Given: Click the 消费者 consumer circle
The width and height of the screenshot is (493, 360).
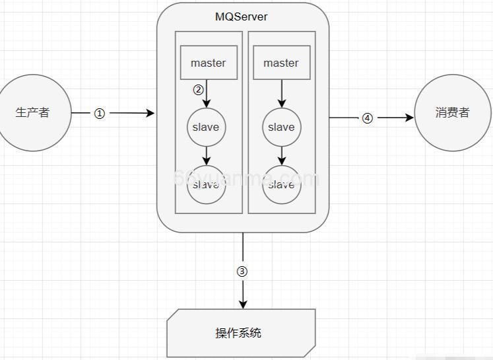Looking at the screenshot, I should coord(452,113).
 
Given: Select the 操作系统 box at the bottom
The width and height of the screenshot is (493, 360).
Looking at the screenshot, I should coord(241,333).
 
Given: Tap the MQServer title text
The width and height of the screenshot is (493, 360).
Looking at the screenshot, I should coord(242,17).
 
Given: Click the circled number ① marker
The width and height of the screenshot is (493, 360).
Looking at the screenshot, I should coord(100,114).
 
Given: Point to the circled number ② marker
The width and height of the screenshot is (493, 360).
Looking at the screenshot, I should coord(198,90).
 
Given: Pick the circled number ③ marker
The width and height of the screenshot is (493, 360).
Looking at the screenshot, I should coord(242,271).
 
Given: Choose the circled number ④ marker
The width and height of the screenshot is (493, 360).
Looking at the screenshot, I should coord(368,118).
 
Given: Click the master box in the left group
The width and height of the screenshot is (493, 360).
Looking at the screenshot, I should coord(209,63).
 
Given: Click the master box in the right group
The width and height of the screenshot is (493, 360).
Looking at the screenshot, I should coord(281,63).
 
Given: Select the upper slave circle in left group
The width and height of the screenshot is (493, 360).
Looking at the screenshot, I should coord(206,127).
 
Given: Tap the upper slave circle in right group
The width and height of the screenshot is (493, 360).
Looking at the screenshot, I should coord(281,127).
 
